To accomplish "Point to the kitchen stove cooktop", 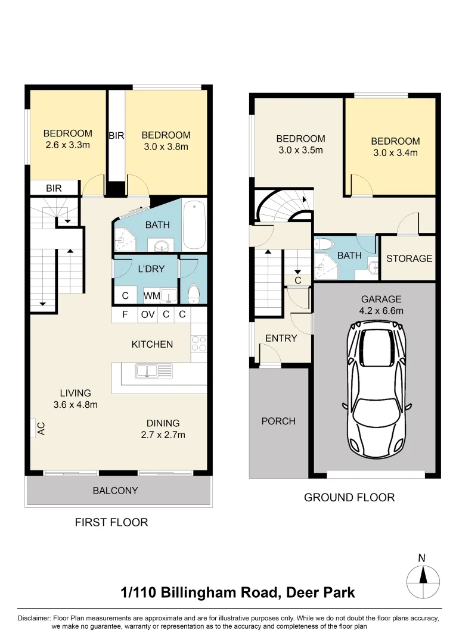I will point(198,345).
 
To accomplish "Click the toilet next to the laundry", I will point(194,294).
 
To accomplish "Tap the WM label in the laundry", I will point(150,296).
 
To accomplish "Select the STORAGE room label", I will point(409,258).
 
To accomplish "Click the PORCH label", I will point(278,421).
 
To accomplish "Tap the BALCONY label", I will point(115,491).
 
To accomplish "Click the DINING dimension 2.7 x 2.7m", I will point(163,435).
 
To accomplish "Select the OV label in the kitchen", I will point(147,315).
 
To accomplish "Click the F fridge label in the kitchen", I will point(125,315).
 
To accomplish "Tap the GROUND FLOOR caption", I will point(349,497).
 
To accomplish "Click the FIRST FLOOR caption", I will point(111,523).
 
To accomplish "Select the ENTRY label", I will point(281,338).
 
